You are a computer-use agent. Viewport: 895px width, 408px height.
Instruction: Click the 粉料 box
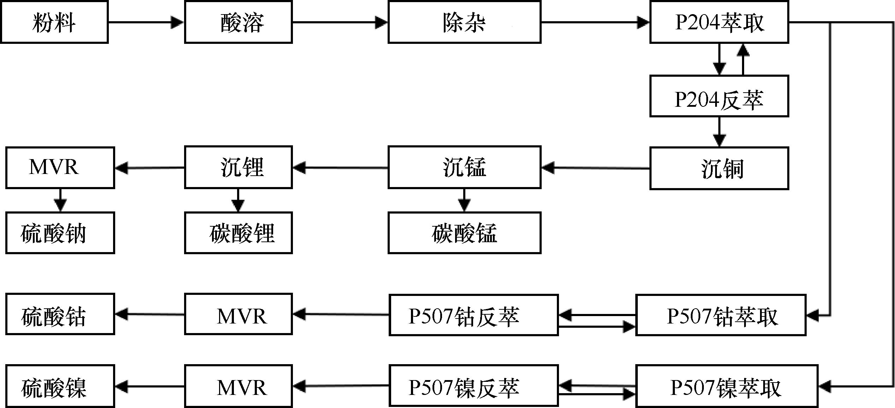[54, 22]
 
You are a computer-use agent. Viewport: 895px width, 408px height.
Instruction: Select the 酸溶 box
[239, 22]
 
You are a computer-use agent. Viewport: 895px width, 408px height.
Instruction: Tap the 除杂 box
[464, 22]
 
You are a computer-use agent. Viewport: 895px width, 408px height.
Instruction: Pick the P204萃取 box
[719, 22]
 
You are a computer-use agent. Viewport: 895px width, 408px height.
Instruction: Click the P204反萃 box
[719, 96]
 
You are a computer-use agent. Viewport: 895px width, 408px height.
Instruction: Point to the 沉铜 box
[719, 168]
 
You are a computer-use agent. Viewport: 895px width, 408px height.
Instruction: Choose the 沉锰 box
[464, 167]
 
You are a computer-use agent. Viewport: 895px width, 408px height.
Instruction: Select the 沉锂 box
[239, 167]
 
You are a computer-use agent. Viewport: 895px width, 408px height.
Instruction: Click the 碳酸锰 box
[464, 233]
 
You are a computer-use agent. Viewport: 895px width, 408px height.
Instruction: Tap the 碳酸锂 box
[239, 233]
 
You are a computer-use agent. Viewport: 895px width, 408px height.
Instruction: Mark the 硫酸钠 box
[60, 233]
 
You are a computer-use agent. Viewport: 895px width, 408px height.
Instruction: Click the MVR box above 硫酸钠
[60, 168]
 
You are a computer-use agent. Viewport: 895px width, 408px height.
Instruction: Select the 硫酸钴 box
[60, 314]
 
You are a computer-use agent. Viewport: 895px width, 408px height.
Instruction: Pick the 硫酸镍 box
[60, 386]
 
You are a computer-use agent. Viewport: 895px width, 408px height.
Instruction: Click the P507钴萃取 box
[721, 315]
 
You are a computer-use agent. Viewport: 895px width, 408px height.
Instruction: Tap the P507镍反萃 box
[473, 386]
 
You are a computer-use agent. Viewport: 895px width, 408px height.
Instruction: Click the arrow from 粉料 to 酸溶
[146, 22]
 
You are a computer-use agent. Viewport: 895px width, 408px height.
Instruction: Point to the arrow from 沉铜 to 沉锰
[595, 168]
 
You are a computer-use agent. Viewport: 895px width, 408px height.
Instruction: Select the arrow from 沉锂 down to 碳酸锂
[238, 200]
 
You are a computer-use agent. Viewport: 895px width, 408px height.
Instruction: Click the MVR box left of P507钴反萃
[239, 314]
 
